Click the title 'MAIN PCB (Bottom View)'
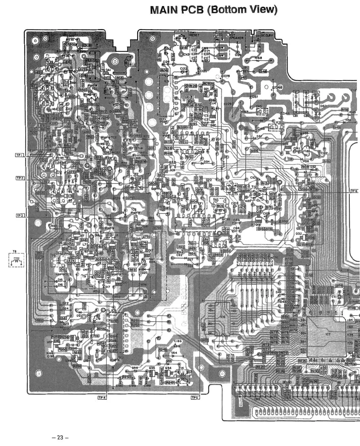pyautogui.click(x=213, y=10)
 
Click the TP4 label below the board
pyautogui.click(x=102, y=398)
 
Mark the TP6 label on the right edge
pyautogui.click(x=354, y=191)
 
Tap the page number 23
pyautogui.click(x=60, y=438)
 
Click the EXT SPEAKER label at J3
pyautogui.click(x=237, y=37)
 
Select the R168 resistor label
pyautogui.click(x=258, y=58)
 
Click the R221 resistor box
pyautogui.click(x=260, y=367)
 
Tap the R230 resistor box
pyautogui.click(x=315, y=371)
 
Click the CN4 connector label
pyautogui.click(x=205, y=48)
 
